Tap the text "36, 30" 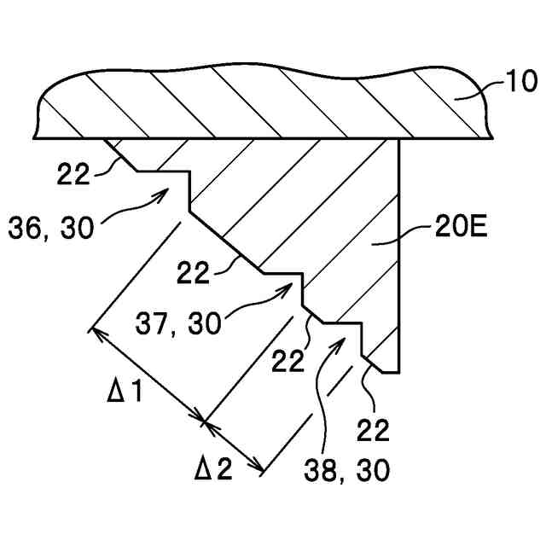point(53,228)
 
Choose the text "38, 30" point(350,468)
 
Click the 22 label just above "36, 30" point(75,173)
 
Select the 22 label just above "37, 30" point(195,272)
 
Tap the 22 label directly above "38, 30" point(288,361)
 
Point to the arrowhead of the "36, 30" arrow point(166,191)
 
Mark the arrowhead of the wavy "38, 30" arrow point(344,339)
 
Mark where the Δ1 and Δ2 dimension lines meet point(206,420)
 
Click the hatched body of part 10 point(256,102)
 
